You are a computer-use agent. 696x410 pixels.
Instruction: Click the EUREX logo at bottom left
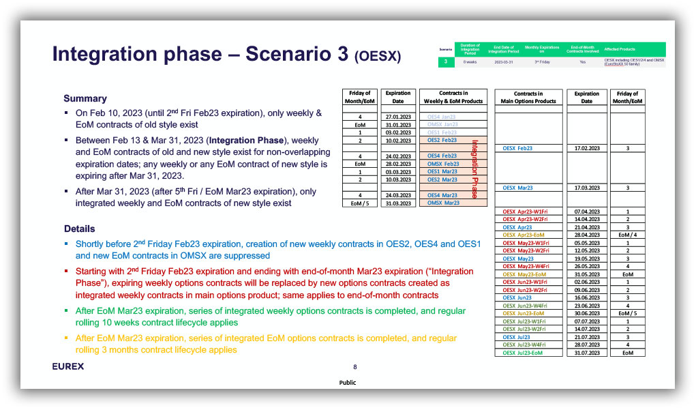pyautogui.click(x=68, y=366)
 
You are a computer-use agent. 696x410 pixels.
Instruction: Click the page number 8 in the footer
pyautogui.click(x=354, y=366)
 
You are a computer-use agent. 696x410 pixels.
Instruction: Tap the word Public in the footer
pyautogui.click(x=348, y=383)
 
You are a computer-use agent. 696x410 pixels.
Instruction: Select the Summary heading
pyautogui.click(x=85, y=98)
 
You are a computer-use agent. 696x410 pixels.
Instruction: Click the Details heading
pyautogui.click(x=80, y=229)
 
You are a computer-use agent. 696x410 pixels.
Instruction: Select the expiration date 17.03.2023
pyautogui.click(x=586, y=188)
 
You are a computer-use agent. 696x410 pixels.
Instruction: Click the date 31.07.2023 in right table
pyautogui.click(x=586, y=353)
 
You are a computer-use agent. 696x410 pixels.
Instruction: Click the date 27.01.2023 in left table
pyautogui.click(x=397, y=117)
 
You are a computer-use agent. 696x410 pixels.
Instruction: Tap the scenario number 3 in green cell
pyautogui.click(x=445, y=62)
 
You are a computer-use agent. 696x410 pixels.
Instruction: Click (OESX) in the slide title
pyautogui.click(x=378, y=56)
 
